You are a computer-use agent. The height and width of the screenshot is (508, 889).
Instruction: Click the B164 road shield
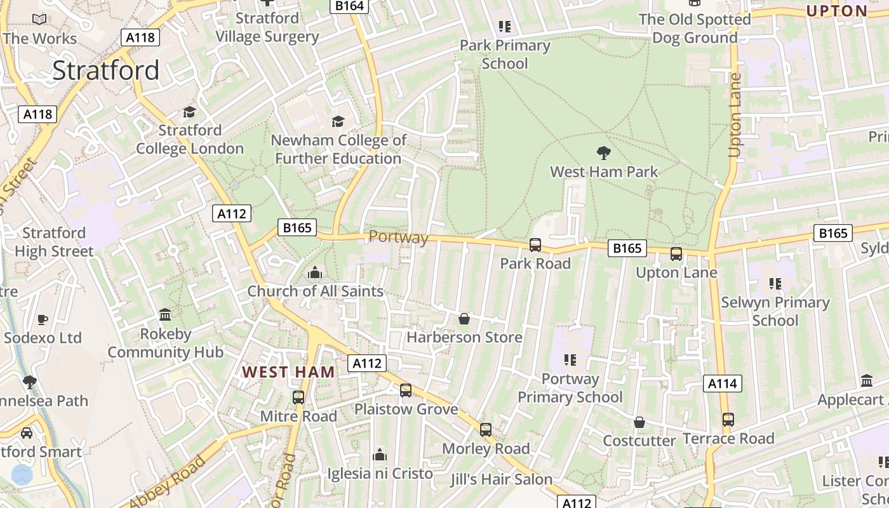pos(349,6)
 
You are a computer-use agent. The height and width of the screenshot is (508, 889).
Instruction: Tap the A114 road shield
pos(723,384)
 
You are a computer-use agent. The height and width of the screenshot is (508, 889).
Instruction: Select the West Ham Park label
pos(604,171)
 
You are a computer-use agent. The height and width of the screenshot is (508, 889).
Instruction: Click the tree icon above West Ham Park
pos(603,152)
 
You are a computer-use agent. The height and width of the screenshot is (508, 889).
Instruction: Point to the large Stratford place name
pos(105,70)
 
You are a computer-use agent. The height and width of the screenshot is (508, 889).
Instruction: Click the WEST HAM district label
pos(288,372)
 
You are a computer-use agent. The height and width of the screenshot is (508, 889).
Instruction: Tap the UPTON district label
pos(836,11)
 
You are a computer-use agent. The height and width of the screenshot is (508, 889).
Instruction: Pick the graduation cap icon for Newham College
pos(338,121)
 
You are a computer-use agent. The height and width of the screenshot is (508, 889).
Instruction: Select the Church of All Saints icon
pos(314,273)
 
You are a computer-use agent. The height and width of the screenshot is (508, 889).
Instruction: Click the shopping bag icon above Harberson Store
pos(464,319)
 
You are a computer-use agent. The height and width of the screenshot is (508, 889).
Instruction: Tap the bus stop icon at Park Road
pos(535,245)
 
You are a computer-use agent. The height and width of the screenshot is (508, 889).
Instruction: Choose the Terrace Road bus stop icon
pos(728,420)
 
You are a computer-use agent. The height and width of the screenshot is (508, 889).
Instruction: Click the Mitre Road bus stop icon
pos(298,398)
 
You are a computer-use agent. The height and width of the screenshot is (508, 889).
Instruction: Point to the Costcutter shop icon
pos(639,423)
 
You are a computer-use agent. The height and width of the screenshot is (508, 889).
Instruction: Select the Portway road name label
pos(398,237)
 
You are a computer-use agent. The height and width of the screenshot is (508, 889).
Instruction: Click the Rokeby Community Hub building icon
pos(165,315)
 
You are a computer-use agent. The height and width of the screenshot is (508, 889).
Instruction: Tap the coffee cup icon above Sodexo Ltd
pos(43,319)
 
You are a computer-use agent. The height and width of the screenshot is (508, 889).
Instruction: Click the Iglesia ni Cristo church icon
pos(380,455)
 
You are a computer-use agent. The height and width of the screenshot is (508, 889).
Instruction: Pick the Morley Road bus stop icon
pos(486,430)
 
